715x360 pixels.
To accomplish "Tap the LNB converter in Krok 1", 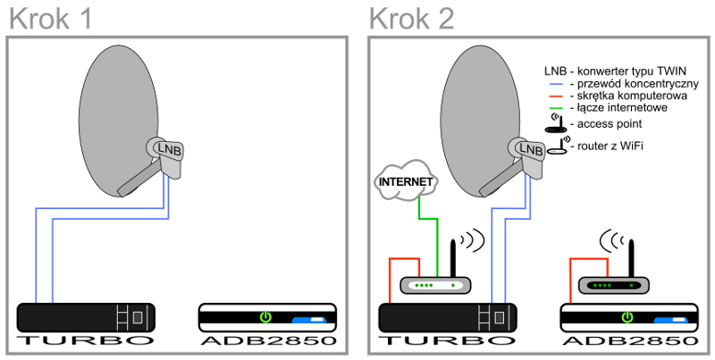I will click(165, 149).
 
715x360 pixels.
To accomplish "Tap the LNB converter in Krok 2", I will click(530, 149).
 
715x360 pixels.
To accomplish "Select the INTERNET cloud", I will click(407, 181).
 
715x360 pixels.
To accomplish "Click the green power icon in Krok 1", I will click(265, 316).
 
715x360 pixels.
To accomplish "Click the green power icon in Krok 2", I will click(627, 316).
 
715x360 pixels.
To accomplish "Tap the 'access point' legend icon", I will click(556, 123).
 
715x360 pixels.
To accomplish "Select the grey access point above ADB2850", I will click(610, 284).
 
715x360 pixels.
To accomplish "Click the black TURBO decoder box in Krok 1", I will click(87, 316).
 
